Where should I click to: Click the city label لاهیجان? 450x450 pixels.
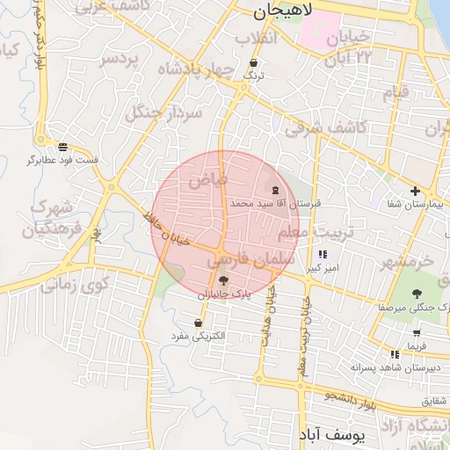pos(277,11)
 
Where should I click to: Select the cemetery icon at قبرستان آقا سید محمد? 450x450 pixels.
pos(276,190)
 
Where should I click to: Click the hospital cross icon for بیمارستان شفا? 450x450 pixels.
pos(415,192)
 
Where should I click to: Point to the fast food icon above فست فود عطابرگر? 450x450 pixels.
pos(62,147)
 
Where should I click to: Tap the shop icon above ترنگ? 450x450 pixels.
pos(254,63)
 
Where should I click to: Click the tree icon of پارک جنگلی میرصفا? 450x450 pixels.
pos(417,294)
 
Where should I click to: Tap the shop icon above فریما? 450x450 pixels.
pos(415,333)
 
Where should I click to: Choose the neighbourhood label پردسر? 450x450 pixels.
pos(120,58)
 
